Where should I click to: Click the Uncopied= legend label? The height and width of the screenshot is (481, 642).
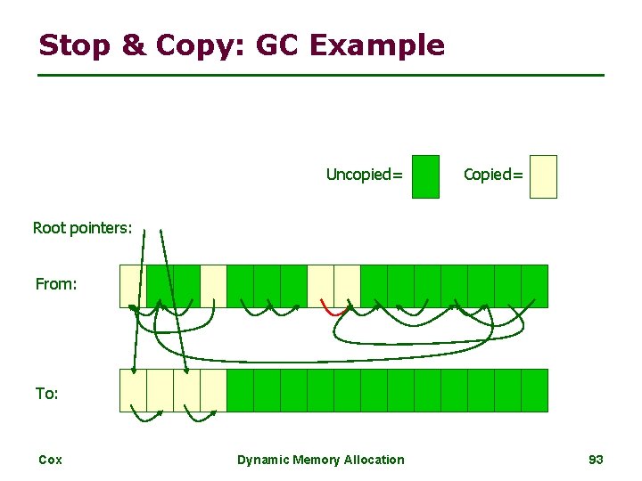pos(364,175)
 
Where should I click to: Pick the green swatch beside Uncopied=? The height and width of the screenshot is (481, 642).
pos(426,176)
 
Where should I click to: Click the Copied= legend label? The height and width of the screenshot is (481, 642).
pos(493,175)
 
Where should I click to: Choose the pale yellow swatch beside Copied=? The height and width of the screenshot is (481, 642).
pos(543,176)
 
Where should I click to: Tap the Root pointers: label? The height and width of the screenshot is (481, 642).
pos(82,228)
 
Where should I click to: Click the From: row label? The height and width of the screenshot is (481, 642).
pos(56,284)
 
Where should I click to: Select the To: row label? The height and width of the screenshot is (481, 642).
pos(47,393)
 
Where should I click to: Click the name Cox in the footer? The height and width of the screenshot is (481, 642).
pos(50,460)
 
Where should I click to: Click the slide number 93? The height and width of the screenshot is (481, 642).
pos(597,460)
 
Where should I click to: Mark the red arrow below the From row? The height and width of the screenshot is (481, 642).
pos(332,311)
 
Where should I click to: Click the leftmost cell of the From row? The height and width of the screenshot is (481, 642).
pos(133,286)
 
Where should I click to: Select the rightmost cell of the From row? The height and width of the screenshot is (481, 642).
pos(534,286)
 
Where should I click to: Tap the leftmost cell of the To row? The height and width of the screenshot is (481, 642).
pos(133,390)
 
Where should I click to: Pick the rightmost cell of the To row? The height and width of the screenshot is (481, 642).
pos(534,390)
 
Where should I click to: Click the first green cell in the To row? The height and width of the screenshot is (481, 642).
pos(240,390)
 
